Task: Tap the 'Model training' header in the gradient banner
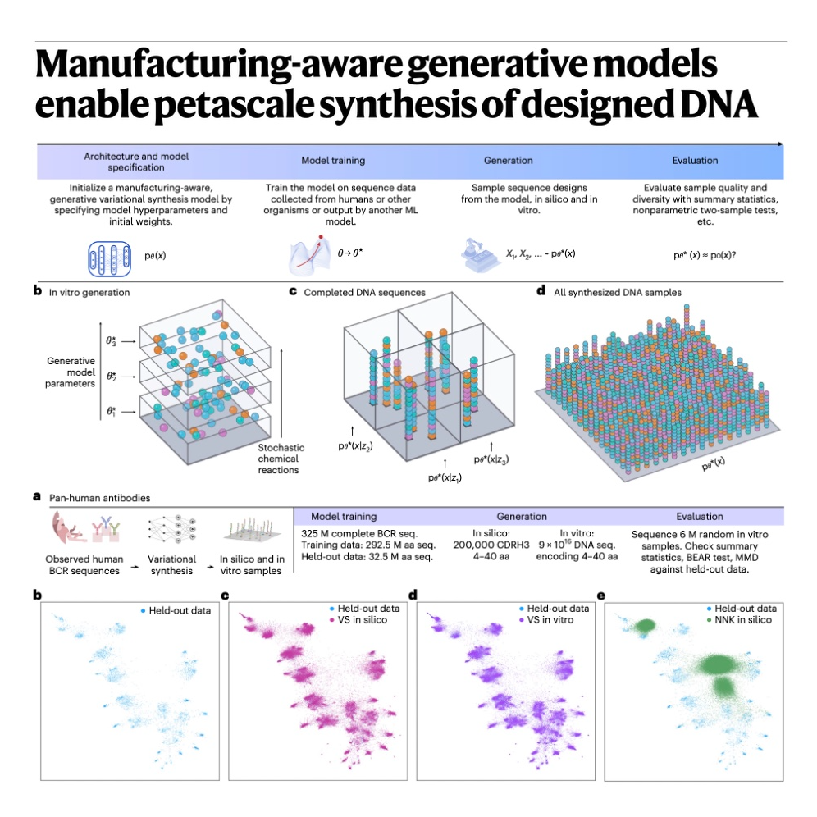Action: [333, 161]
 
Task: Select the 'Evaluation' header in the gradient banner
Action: [695, 161]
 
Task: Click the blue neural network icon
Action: [109, 258]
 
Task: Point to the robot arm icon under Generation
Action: [479, 255]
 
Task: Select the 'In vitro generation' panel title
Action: [89, 292]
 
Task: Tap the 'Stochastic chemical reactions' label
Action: [281, 459]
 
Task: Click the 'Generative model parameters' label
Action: [71, 372]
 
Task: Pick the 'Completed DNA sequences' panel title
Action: [365, 292]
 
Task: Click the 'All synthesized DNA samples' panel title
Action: [618, 292]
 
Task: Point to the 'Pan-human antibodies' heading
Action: [99, 498]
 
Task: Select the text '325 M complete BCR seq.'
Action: [359, 533]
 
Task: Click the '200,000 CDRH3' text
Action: [491, 545]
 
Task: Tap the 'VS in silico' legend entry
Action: [362, 619]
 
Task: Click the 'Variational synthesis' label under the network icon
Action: [171, 565]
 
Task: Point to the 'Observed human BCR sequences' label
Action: [84, 565]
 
